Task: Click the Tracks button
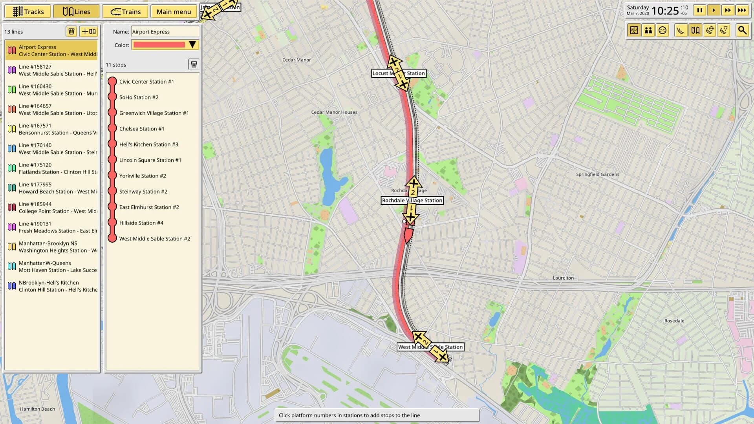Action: [27, 11]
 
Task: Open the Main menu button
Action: [174, 11]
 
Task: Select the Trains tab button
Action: [125, 11]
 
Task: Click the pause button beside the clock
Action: [699, 11]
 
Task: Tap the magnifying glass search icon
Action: [742, 30]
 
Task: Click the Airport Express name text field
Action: [165, 32]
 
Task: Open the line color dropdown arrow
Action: [192, 45]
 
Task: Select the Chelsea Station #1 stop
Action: [142, 129]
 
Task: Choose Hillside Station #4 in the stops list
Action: [141, 223]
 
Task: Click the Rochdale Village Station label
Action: [412, 201]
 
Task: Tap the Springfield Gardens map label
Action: [597, 174]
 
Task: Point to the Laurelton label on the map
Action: [563, 278]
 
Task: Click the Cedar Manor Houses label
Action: [334, 112]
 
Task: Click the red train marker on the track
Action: [408, 235]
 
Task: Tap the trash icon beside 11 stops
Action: [194, 64]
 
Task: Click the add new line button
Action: [88, 31]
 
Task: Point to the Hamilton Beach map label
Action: [37, 409]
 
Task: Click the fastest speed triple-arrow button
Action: [742, 11]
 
